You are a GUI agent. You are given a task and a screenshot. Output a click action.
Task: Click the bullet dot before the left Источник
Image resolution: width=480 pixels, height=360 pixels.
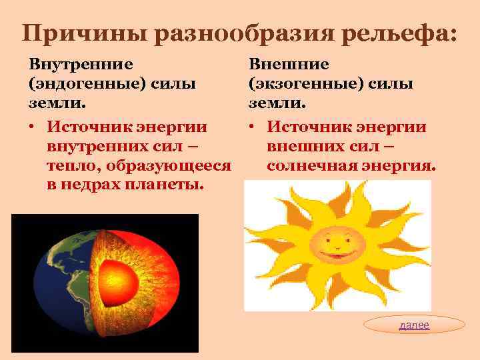[31, 127]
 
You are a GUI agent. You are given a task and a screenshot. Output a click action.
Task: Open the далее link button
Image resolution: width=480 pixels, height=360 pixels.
[415, 325]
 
